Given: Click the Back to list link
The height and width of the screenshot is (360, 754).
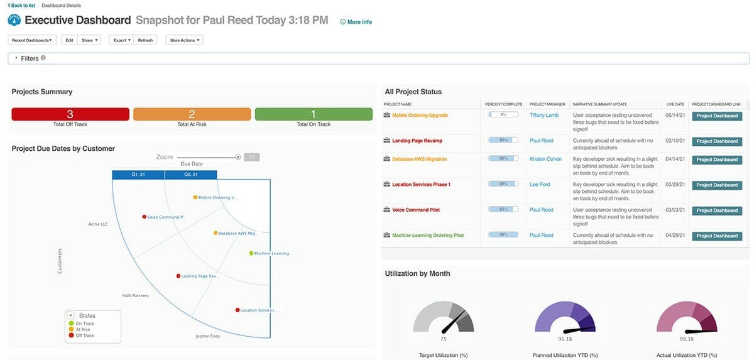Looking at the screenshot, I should point(21,5).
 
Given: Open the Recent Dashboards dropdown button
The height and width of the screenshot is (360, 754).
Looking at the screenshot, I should point(32,40).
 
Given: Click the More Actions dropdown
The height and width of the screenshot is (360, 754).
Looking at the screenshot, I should point(184,40).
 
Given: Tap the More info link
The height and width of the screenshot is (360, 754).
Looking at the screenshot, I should point(356,22).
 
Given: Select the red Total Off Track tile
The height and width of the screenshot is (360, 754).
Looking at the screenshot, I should point(70,114).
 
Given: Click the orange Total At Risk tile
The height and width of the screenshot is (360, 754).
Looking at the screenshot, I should point(192,114).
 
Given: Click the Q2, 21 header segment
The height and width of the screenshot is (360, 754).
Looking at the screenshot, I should point(190,175).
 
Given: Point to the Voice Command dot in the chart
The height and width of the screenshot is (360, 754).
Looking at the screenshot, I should point(145,217).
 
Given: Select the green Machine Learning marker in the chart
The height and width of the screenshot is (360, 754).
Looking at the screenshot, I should point(251,253).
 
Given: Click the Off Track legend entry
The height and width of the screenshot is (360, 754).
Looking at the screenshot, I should point(84,335).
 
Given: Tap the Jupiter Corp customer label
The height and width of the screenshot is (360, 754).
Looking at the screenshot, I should point(208,336).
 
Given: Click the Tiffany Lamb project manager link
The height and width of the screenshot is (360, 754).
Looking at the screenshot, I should point(544,116).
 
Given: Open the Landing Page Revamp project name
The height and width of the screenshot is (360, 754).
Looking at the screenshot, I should point(414,141).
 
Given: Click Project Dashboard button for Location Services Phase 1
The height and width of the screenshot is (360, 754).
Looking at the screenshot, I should point(716,185).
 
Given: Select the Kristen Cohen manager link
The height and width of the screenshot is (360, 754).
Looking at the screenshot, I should point(545,159).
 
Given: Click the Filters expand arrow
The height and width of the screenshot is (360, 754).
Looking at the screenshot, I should point(16,58).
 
